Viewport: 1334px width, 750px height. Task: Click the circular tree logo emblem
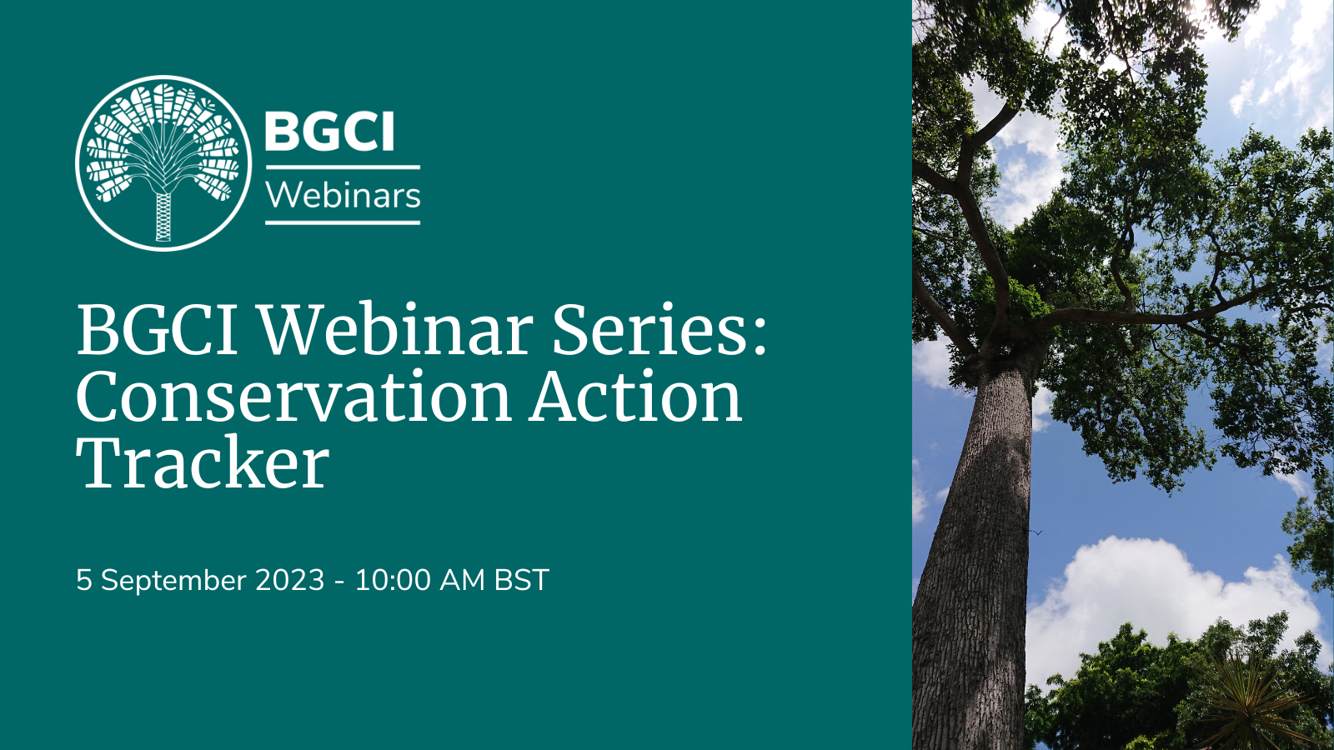click(x=163, y=163)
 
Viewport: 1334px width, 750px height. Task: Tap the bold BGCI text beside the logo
click(x=329, y=132)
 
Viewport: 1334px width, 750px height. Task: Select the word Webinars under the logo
click(x=343, y=196)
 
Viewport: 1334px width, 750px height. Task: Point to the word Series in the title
click(x=647, y=330)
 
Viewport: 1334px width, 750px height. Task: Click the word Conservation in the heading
click(x=293, y=397)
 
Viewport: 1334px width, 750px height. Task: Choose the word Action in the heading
click(x=636, y=397)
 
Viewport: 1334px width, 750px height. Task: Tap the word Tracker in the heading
click(x=203, y=463)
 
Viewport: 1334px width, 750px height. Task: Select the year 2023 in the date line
click(x=289, y=580)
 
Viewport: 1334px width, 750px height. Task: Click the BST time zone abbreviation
click(x=521, y=580)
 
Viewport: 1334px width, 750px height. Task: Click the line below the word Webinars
click(x=343, y=222)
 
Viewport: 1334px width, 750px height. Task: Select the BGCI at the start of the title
click(x=158, y=330)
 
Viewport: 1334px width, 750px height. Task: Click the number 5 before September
click(x=83, y=580)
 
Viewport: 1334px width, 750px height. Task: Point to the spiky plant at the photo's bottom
click(x=1251, y=704)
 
